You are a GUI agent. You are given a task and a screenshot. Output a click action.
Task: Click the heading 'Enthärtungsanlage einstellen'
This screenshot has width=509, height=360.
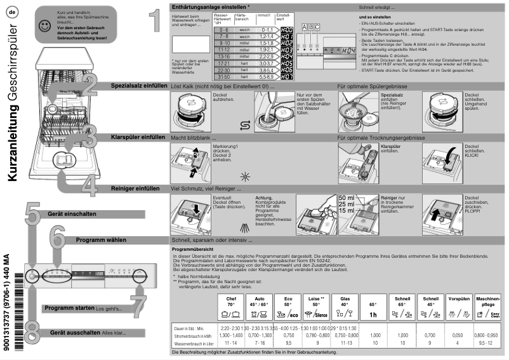point(210,6)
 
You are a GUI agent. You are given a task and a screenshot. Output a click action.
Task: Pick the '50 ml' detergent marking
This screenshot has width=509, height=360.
point(347,199)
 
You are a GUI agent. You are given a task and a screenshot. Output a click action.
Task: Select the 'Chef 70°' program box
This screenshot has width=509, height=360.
point(230,309)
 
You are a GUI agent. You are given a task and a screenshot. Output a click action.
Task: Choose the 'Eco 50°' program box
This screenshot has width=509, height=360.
point(288,309)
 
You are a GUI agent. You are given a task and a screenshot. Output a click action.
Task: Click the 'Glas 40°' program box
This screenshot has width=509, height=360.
point(345,309)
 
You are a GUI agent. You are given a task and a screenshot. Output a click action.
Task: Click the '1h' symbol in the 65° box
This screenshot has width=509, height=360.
point(374,314)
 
